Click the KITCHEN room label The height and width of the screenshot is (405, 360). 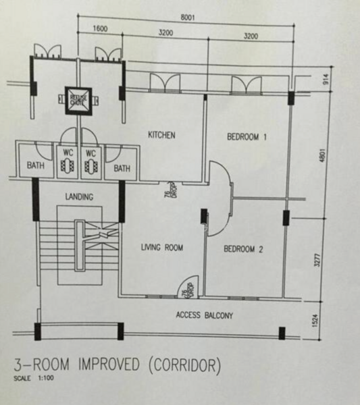point(161,135)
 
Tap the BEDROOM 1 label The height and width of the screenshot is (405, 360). point(247,137)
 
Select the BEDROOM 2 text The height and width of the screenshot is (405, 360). point(243,249)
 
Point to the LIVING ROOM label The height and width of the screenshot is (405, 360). point(161,248)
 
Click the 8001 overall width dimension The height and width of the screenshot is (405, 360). point(187,18)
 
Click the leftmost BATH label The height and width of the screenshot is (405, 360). point(36,165)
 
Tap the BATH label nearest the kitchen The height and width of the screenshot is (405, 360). point(122,168)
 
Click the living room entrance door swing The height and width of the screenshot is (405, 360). point(186,288)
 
